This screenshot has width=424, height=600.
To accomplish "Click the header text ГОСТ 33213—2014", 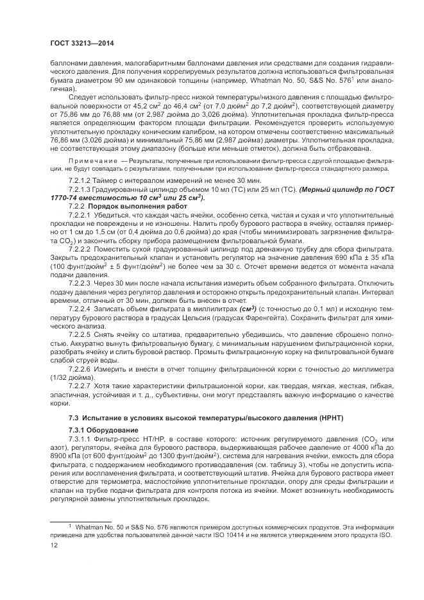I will click(77, 42).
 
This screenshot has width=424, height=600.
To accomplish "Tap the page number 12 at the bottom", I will click(55, 543).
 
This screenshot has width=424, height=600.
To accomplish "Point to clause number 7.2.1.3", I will click(81, 191).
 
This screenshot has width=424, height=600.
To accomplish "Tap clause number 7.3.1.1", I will click(81, 438).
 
